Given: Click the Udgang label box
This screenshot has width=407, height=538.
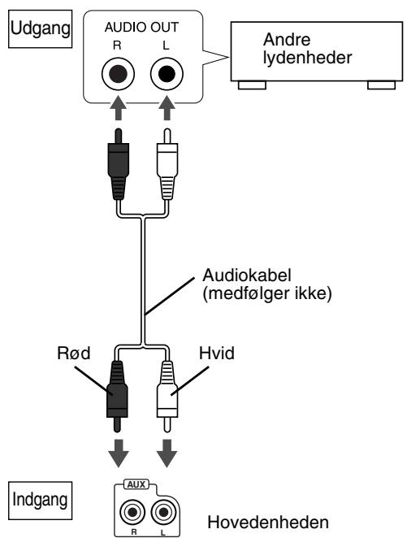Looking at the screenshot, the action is [x=40, y=28].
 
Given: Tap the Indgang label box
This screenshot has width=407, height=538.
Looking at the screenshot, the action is [x=40, y=501].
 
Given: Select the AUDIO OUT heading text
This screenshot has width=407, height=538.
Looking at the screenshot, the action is [x=141, y=28].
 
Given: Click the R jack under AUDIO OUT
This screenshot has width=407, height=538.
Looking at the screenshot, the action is [x=118, y=74].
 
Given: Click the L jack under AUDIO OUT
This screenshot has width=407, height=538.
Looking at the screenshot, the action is [x=167, y=74].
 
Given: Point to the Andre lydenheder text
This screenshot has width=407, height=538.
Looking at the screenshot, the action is [x=307, y=49].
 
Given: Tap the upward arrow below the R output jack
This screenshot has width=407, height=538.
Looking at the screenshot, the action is [x=119, y=107].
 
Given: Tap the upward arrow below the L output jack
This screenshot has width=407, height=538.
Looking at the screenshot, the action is [x=167, y=107].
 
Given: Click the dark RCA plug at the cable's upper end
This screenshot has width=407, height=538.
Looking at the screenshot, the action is [x=119, y=164].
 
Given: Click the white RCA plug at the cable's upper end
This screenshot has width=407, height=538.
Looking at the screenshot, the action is [x=167, y=164].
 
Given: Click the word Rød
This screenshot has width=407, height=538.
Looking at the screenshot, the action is [x=74, y=353].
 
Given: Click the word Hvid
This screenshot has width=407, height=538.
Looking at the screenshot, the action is [x=217, y=353].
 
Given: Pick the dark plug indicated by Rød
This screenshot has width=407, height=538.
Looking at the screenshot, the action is [x=117, y=396].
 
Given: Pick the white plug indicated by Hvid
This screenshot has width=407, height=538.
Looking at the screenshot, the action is [x=167, y=396].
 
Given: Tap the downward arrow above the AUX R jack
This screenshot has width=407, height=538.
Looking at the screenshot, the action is [x=119, y=453].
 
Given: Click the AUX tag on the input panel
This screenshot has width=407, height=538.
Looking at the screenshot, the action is [x=136, y=484].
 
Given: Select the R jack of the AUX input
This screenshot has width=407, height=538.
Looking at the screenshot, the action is [x=132, y=513].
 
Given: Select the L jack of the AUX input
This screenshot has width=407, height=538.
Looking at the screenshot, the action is [x=163, y=513].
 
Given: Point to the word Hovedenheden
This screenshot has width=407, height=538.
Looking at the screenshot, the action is [x=268, y=523].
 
